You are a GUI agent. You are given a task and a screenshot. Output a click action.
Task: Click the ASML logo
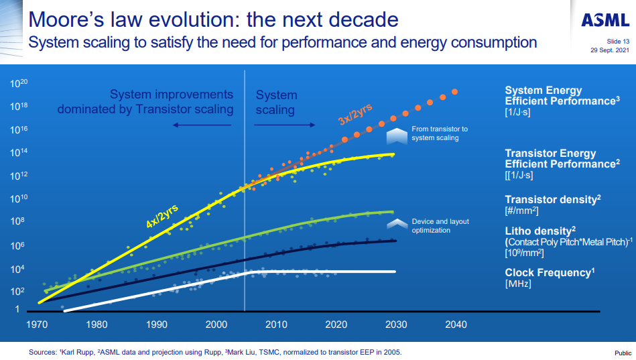click(x=605, y=21)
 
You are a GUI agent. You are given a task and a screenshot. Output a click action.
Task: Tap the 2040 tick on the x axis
click(x=456, y=324)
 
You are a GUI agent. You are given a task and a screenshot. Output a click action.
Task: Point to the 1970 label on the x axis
click(x=37, y=324)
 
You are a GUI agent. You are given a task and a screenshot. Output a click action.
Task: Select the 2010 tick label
click(x=276, y=324)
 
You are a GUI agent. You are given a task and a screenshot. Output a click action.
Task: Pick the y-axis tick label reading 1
click(x=18, y=310)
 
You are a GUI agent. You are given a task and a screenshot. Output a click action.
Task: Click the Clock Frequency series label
click(x=550, y=272)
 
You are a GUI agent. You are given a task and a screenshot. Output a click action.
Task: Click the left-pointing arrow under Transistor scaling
click(x=202, y=125)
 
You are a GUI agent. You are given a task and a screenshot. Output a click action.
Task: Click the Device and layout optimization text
click(x=440, y=226)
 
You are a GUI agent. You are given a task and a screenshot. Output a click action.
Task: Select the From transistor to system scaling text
click(x=440, y=133)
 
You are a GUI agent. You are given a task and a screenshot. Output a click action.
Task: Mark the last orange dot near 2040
click(x=455, y=92)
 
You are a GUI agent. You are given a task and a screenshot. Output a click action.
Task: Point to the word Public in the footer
click(x=623, y=353)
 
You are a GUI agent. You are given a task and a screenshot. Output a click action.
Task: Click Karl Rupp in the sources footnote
click(x=75, y=352)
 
